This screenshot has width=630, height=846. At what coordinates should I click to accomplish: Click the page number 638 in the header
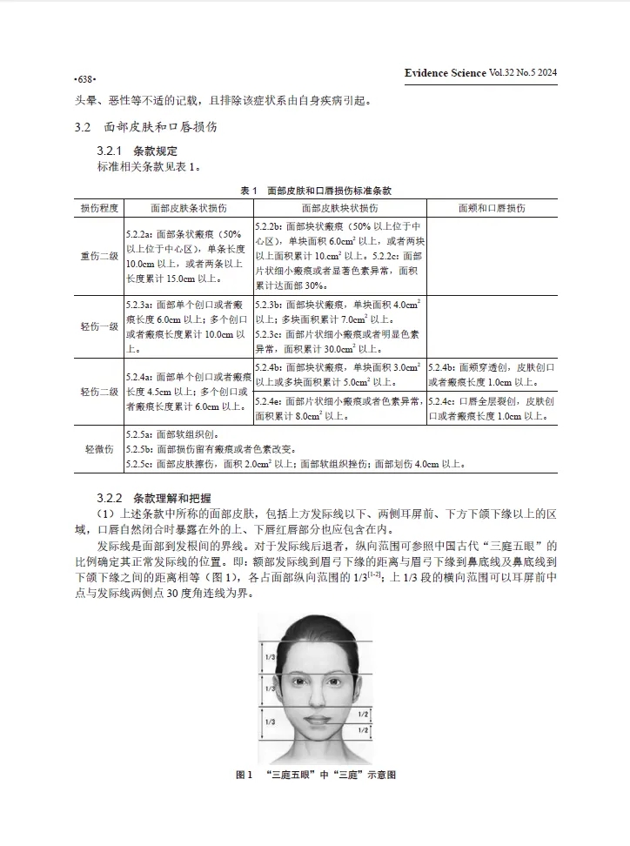84,77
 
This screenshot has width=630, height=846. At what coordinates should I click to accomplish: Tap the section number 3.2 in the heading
83,127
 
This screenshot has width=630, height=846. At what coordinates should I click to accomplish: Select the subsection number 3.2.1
111,151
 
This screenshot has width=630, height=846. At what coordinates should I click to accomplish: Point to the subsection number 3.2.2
111,499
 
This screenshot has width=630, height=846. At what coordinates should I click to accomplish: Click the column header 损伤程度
99,209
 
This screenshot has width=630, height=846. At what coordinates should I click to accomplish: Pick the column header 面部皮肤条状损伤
188,209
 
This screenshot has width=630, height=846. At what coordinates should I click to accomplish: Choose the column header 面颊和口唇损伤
492,209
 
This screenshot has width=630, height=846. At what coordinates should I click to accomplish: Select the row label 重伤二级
99,257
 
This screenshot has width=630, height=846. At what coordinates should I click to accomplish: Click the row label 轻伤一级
99,326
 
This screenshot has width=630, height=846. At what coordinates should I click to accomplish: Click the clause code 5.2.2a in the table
139,235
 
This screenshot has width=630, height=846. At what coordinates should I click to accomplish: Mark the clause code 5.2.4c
445,401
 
